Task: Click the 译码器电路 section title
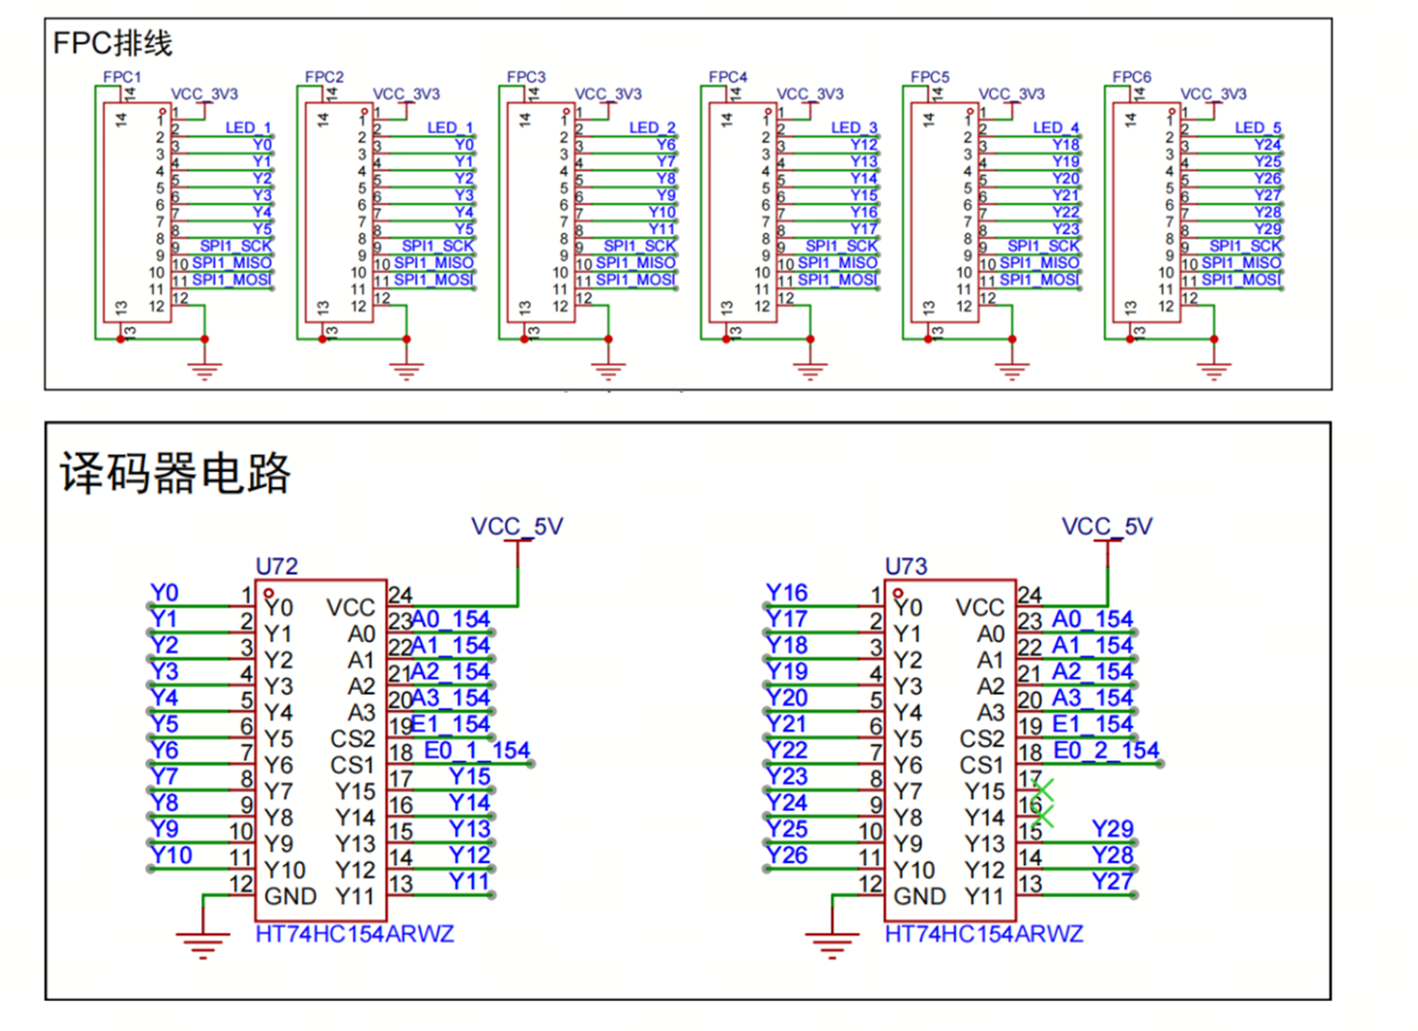tap(175, 474)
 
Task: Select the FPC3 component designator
tap(526, 77)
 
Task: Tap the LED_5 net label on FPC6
tap(1257, 128)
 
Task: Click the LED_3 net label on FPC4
tap(854, 128)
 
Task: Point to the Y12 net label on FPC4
tap(863, 145)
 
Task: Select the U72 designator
tap(277, 567)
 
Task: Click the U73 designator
tap(906, 567)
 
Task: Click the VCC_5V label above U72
tap(517, 527)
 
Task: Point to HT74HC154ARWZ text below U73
tap(984, 934)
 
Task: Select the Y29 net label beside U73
tap(1112, 829)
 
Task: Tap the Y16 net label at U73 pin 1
tap(787, 593)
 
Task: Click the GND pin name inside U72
tap(290, 896)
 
